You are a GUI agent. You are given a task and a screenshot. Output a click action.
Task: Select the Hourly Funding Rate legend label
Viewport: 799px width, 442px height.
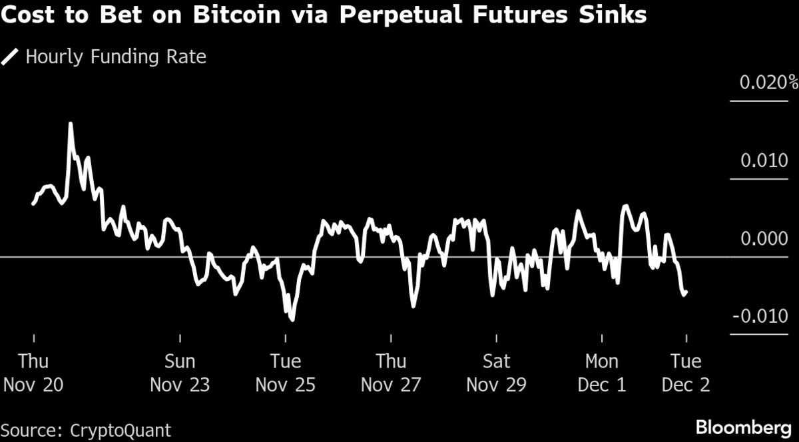tap(116, 57)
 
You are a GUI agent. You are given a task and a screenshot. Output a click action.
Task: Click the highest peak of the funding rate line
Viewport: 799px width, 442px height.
tap(70, 124)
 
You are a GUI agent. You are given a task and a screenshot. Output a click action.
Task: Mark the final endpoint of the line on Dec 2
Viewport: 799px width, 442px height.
tap(686, 291)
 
